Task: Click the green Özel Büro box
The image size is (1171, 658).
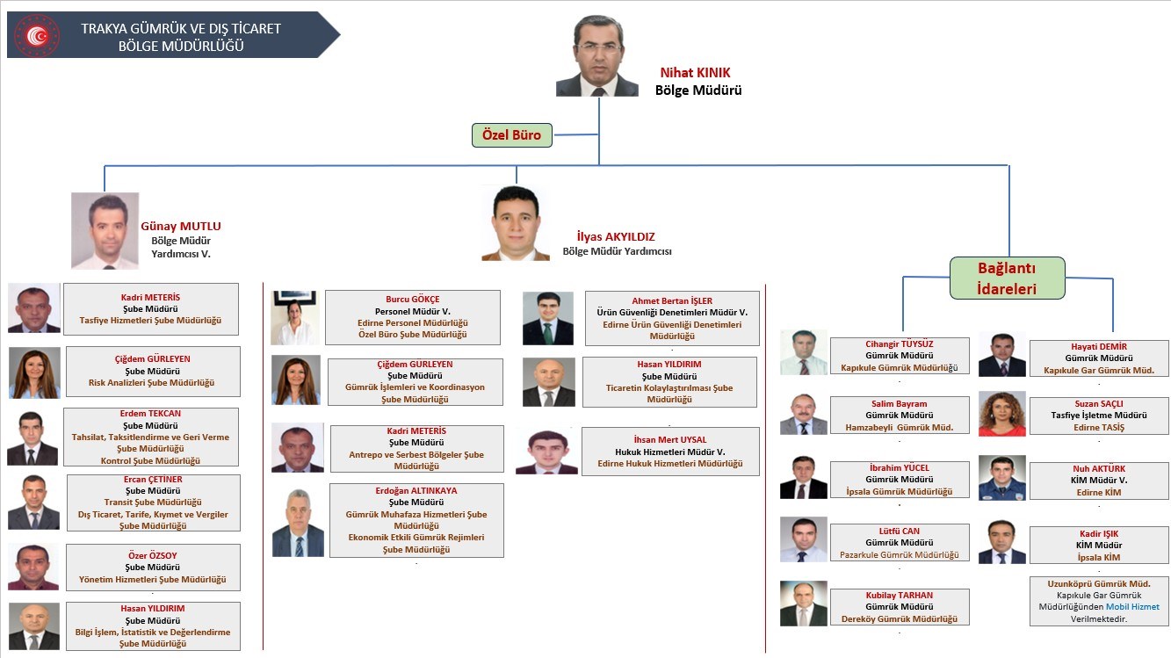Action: [512, 134]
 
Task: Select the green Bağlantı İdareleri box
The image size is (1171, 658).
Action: [1007, 278]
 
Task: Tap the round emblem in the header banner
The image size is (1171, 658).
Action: [37, 35]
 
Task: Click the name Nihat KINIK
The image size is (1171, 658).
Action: [695, 73]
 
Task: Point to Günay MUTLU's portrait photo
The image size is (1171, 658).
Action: [105, 230]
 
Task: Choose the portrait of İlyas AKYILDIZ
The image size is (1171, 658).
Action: [516, 223]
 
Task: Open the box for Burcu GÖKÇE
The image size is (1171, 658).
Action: [413, 317]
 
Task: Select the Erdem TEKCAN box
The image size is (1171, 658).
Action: [150, 437]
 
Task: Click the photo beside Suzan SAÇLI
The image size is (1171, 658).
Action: [1001, 414]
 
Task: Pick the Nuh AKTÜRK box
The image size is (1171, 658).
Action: [1099, 481]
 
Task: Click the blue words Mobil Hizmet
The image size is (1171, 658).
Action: [1131, 607]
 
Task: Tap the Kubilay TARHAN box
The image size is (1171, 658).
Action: [900, 607]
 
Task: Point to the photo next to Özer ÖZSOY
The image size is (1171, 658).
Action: [33, 567]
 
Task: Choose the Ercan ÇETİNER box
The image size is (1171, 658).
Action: [153, 503]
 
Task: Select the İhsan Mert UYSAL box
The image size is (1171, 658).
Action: [670, 452]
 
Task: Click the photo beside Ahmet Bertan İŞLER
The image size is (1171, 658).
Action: [548, 318]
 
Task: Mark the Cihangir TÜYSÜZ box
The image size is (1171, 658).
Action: [900, 356]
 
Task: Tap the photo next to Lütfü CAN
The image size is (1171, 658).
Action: [804, 539]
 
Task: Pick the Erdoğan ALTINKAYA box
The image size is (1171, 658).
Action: [416, 520]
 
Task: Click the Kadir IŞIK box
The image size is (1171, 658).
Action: [1099, 545]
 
